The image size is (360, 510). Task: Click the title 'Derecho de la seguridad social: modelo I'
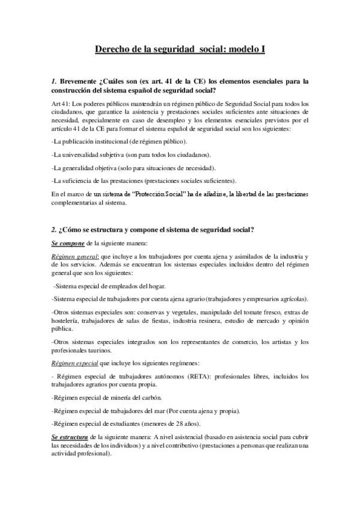coord(180,51)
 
